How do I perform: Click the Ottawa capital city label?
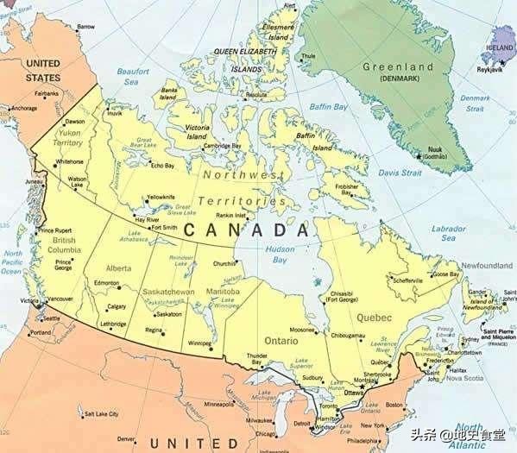click(x=355, y=393)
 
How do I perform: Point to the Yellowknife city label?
click(x=162, y=197)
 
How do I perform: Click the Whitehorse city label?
click(x=69, y=161)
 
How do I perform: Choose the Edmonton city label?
click(x=107, y=284)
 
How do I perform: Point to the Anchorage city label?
click(x=23, y=108)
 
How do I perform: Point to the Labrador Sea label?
click(x=450, y=233)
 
